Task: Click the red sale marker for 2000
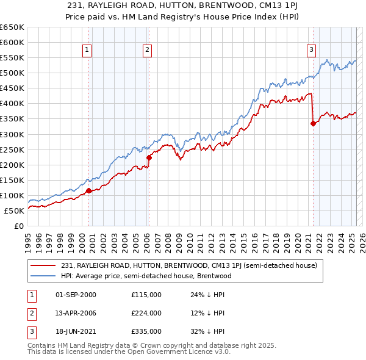coord(88,191)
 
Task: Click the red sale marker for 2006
coord(148,157)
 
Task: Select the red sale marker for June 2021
coord(313,123)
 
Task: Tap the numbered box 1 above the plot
coord(87,50)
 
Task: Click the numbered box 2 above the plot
coord(148,50)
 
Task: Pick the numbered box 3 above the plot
coord(311,50)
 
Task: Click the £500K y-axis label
coord(13,73)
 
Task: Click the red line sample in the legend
coord(44,265)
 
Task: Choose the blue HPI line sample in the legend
coord(44,276)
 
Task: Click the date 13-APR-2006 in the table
coord(76,313)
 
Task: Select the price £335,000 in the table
coord(146,331)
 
